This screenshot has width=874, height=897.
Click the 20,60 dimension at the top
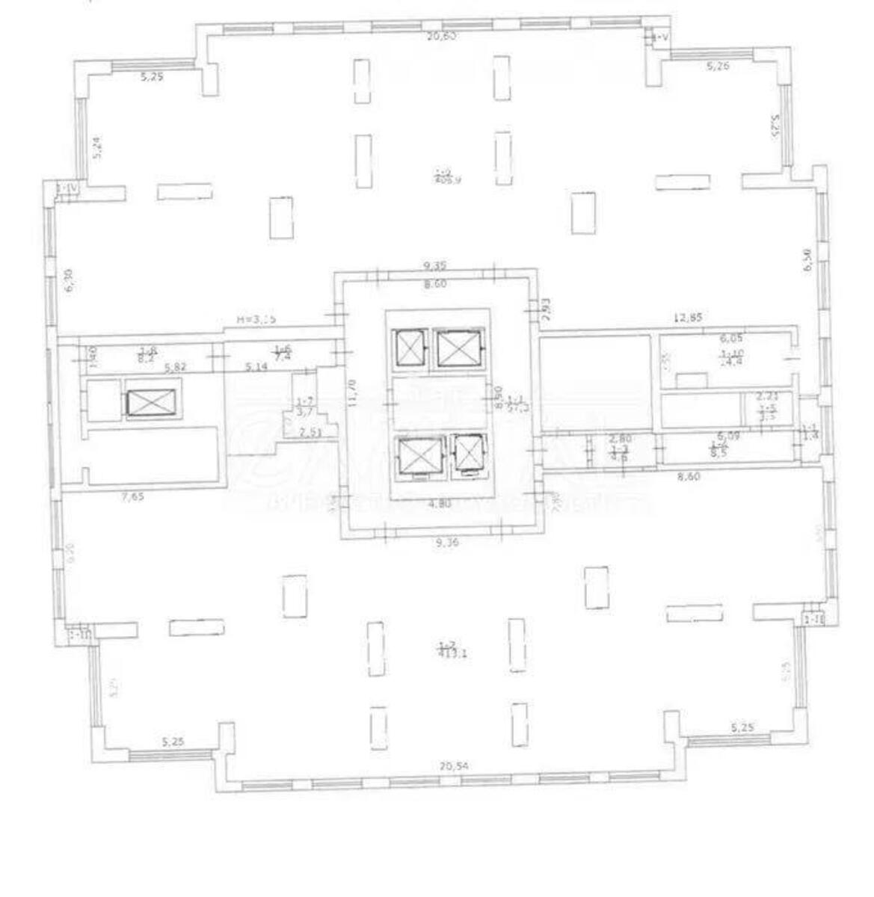(441, 36)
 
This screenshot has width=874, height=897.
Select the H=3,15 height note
(256, 319)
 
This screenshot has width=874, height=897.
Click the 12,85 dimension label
(688, 318)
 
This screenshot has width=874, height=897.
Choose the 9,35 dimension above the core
(436, 265)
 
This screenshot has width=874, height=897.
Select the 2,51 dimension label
(310, 431)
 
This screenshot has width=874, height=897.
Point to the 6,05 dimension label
(731, 338)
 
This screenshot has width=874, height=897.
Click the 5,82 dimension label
(176, 366)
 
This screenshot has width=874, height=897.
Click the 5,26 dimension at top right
(718, 66)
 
